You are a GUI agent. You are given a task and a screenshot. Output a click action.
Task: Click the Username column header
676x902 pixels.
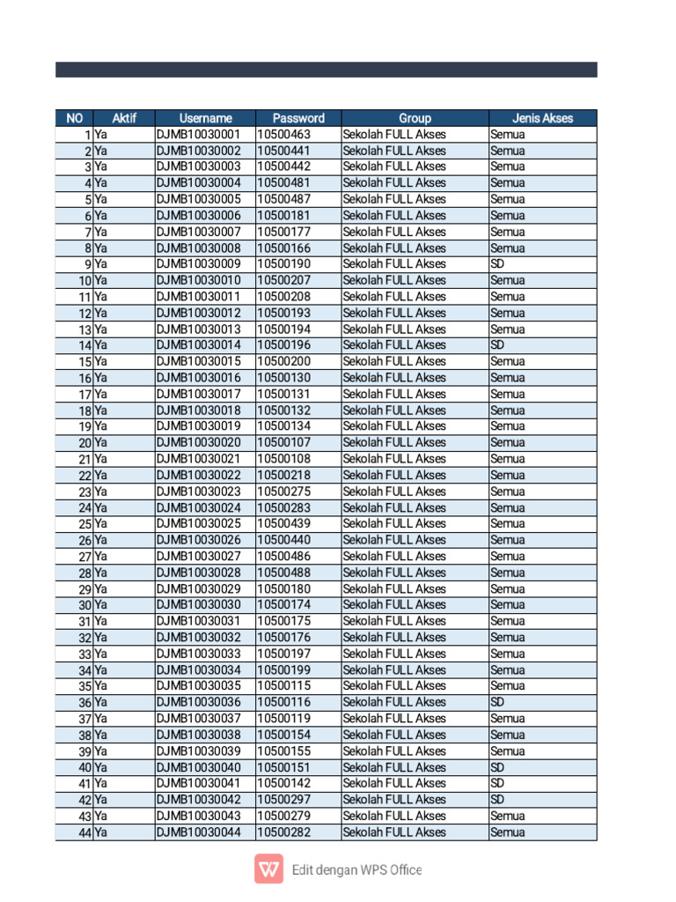(205, 118)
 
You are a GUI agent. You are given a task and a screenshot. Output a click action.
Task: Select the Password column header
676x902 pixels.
(298, 118)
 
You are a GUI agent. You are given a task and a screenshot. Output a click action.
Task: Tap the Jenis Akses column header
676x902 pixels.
(542, 118)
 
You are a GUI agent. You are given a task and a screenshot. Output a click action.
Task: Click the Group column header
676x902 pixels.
(415, 118)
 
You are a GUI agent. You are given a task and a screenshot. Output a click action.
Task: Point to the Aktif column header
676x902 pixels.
(124, 118)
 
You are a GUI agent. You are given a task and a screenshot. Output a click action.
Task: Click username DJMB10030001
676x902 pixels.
(198, 135)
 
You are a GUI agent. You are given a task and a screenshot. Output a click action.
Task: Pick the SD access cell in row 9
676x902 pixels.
(497, 264)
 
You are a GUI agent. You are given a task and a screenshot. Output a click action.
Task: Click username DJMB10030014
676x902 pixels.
(198, 345)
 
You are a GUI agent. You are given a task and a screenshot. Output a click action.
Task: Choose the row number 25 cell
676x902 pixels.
(84, 524)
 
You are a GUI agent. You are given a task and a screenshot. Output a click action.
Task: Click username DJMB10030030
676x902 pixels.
(198, 605)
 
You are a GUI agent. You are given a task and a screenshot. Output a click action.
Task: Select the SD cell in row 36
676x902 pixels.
(497, 702)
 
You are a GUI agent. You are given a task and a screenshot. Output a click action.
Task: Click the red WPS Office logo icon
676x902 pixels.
(268, 869)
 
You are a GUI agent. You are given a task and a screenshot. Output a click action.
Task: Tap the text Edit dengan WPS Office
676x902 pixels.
(356, 870)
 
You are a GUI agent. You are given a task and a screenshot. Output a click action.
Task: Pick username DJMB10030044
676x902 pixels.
(198, 832)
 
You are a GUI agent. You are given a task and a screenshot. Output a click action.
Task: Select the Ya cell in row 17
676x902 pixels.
(101, 395)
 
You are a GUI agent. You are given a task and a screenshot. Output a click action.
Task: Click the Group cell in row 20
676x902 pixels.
(394, 443)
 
